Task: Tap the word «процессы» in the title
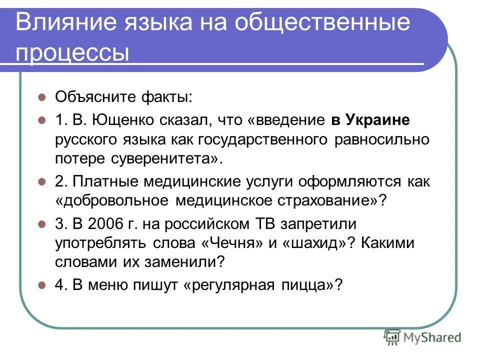click(x=72, y=52)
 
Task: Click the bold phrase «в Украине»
click(x=370, y=120)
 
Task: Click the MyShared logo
click(x=423, y=337)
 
